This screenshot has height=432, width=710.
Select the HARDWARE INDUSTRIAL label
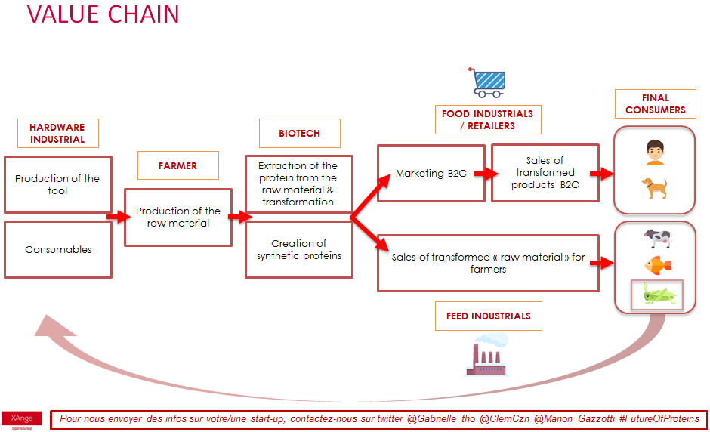57,133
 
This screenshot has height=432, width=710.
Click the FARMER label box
177,165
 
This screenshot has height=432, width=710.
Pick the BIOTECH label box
299,133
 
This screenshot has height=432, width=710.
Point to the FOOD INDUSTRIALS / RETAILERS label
487,119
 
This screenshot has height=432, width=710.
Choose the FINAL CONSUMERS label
655,103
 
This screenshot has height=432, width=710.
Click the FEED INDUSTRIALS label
488,316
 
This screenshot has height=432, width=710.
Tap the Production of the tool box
57,184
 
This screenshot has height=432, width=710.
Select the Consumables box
57,249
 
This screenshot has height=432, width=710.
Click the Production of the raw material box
177,217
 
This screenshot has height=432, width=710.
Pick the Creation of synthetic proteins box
298,249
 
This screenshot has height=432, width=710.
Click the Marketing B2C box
431,174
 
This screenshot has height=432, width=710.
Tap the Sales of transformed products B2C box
545,173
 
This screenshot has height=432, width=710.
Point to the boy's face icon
654,153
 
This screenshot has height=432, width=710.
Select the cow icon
657,238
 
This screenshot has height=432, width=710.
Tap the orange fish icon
657,265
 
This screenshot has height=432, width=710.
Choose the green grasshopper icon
657,295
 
